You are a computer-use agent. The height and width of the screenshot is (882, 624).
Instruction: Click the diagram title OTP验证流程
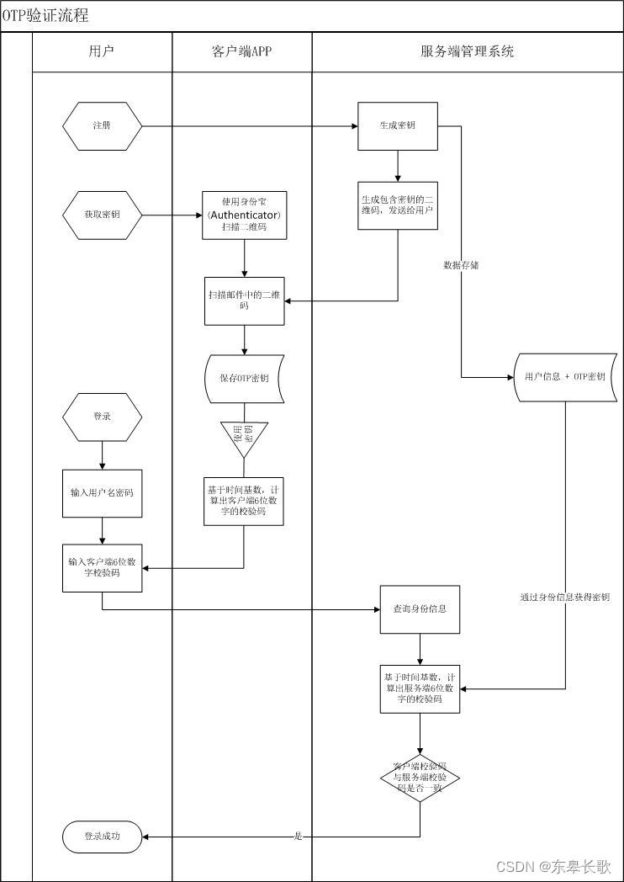pos(45,16)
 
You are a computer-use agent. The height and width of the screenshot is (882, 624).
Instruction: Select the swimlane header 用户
pos(102,51)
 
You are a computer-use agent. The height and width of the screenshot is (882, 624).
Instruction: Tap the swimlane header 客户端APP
pos(242,51)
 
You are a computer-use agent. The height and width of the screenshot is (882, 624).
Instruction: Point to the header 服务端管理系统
pos(467,51)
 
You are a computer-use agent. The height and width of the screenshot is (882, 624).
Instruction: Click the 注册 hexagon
pos(102,126)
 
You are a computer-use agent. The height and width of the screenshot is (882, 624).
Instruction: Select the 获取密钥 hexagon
pos(102,215)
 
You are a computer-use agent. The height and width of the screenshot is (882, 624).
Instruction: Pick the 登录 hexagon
pos(102,417)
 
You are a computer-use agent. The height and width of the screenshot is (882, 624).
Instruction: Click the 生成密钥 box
pos(398,126)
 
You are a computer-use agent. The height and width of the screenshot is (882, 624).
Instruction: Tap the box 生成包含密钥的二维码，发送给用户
pos(398,205)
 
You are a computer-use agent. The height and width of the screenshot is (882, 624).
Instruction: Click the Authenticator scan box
pos(244,215)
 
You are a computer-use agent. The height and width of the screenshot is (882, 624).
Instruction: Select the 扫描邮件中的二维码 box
pos(244,300)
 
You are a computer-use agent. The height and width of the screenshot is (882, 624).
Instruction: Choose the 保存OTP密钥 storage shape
pos(244,378)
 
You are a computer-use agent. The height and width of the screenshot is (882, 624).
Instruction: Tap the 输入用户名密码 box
pos(102,492)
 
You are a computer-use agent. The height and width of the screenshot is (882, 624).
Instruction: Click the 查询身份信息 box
pos(420,608)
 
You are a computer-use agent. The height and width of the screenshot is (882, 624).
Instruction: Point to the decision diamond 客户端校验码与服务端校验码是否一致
pos(420,778)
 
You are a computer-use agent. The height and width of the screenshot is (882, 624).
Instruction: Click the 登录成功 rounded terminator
pos(102,837)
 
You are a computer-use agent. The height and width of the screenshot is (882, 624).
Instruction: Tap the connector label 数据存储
pos(462,265)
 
